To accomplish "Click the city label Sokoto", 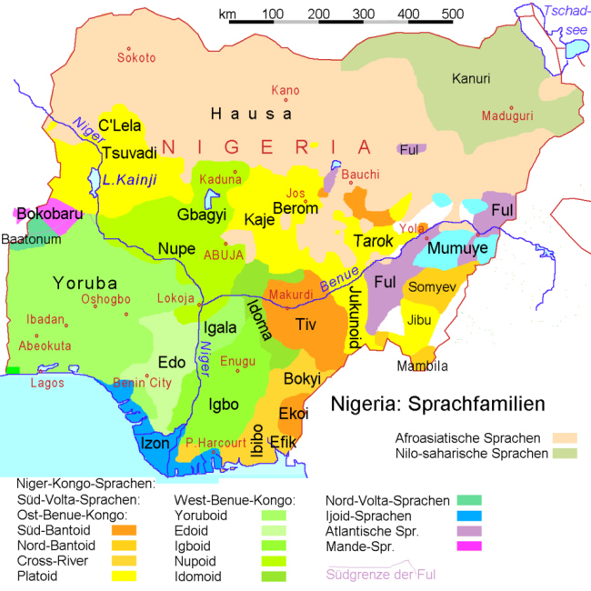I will pos(136,58).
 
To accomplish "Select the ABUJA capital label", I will pos(224,255).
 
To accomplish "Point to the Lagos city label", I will pos(48,384).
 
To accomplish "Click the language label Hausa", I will pos(251,114).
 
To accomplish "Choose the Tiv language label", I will pos(306,324).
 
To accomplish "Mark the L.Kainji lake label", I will pos(129,180).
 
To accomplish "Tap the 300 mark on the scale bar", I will pos(364,14).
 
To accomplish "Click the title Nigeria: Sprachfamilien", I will pos(437,403).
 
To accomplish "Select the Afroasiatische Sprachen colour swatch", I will pos(565,437).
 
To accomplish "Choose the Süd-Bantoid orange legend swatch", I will pos(125,530).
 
